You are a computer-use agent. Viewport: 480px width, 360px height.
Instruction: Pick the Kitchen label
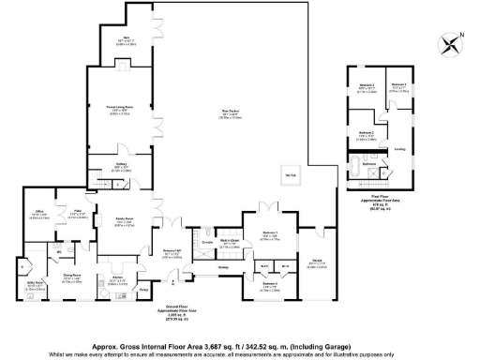coord(118,277)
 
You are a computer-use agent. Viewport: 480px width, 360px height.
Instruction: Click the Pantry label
coord(143,290)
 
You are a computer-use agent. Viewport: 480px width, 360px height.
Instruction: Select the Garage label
coord(317,261)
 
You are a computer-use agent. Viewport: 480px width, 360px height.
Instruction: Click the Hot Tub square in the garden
coord(292,176)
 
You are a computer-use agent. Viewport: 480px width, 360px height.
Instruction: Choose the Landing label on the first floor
coord(399,147)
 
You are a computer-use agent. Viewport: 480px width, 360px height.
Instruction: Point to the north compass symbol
coord(453,42)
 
